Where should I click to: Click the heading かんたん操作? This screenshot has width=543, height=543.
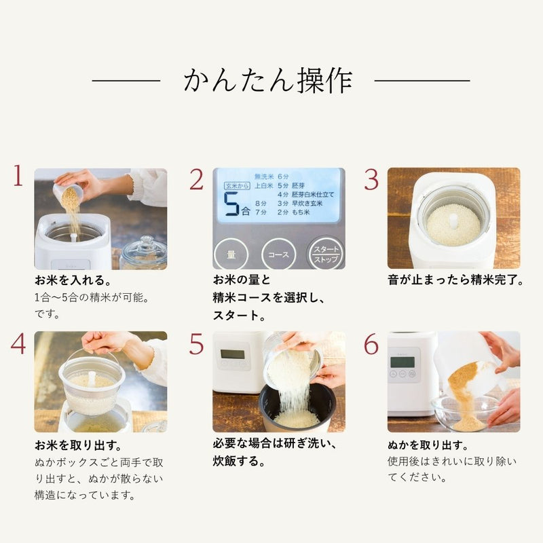tap(267, 81)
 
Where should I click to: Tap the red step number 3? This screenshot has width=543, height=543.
tap(371, 179)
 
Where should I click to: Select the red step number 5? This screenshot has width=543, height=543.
tap(196, 344)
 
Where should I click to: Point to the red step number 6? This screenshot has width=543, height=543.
tap(371, 344)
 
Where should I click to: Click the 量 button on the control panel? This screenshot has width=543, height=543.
tap(231, 255)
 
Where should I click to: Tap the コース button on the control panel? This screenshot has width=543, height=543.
tap(278, 255)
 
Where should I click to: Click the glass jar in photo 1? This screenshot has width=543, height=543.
tap(143, 252)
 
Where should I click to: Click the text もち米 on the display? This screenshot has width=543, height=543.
tap(302, 212)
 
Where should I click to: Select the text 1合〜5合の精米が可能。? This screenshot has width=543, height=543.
tap(91, 297)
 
